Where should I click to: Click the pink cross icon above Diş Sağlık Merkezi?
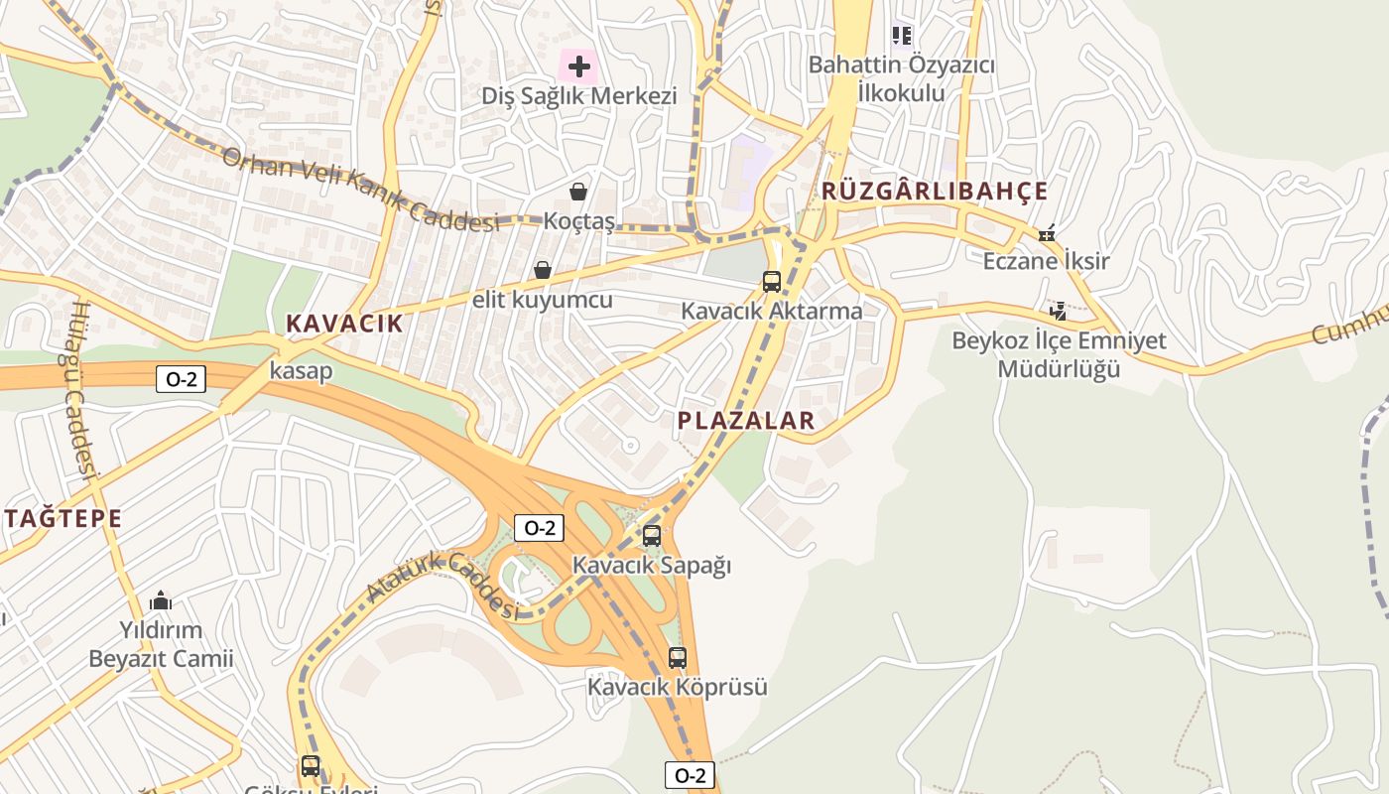[x=579, y=67]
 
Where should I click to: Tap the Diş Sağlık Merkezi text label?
[x=579, y=96]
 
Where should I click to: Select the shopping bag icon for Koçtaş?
[x=578, y=192]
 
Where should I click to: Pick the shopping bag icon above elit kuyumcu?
[x=543, y=270]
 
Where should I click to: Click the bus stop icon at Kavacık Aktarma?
[x=772, y=282]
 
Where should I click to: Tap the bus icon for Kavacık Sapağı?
[x=652, y=536]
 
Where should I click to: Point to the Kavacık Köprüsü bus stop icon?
[x=678, y=658]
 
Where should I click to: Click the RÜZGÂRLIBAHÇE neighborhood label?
[x=935, y=192]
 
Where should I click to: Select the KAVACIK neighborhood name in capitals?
[x=345, y=324]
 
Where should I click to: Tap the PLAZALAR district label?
[x=746, y=421]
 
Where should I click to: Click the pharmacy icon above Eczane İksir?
[x=1047, y=234]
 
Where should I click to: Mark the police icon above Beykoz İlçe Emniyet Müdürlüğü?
[x=1059, y=312]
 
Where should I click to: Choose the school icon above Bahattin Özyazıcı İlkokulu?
[x=901, y=37]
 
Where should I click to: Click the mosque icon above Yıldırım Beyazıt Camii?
[x=161, y=601]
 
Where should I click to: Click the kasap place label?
[x=301, y=371]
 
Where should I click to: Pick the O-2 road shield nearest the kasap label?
[x=181, y=378]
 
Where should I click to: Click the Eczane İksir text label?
[x=1046, y=262]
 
